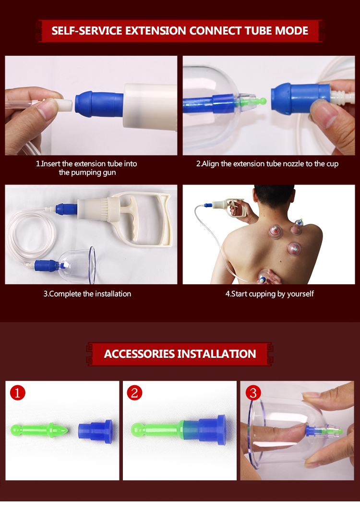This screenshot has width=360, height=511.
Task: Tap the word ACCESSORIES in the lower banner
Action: pyautogui.click(x=139, y=354)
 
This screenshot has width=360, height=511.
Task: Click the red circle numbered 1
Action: pyautogui.click(x=18, y=393)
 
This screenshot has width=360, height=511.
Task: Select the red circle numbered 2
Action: pyautogui.click(x=134, y=393)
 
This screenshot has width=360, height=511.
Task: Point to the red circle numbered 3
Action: pyautogui.click(x=253, y=393)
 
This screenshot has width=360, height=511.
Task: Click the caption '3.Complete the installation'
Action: pyautogui.click(x=87, y=294)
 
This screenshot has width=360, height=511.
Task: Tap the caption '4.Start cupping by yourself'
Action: pyautogui.click(x=269, y=294)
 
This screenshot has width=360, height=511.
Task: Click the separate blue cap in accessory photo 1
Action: pyautogui.click(x=96, y=431)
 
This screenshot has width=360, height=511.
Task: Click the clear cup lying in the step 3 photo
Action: pyautogui.click(x=80, y=264)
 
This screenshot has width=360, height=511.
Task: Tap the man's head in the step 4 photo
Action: pyautogui.click(x=273, y=197)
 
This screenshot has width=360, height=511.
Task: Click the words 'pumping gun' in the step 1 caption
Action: pyautogui.click(x=87, y=172)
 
